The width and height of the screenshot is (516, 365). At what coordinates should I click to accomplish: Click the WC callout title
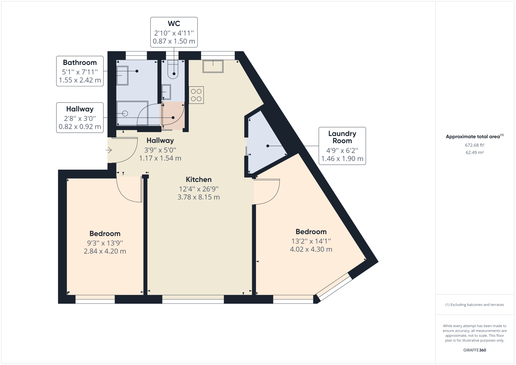tap(174, 23)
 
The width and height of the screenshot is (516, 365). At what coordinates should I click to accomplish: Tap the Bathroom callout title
tap(80, 63)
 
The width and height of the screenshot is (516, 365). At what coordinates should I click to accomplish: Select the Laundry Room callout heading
tap(342, 137)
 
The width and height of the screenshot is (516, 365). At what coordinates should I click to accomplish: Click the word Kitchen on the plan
tap(199, 179)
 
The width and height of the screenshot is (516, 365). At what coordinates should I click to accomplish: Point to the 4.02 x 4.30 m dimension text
tap(311, 249)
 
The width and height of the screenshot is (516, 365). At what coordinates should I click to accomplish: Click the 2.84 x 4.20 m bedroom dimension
tap(105, 251)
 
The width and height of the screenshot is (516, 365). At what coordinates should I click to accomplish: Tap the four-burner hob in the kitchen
tap(196, 95)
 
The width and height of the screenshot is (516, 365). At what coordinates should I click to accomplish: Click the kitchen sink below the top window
tap(213, 66)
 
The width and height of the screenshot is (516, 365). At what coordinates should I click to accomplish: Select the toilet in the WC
tap(173, 69)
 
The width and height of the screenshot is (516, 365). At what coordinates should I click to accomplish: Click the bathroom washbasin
tap(122, 75)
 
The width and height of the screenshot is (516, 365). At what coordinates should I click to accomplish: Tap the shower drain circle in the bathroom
tap(125, 113)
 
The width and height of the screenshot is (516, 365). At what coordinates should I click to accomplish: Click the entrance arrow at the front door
tap(109, 150)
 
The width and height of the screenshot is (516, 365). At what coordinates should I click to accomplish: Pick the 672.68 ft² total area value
tap(475, 145)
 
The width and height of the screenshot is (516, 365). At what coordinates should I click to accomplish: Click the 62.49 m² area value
tap(475, 153)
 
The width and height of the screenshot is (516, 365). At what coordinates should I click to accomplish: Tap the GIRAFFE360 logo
tap(475, 350)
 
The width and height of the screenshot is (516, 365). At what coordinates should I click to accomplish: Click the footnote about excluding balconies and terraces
tap(475, 305)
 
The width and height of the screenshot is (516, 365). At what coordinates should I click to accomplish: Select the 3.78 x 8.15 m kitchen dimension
tap(199, 197)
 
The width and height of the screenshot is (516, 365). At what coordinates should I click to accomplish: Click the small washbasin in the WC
tap(166, 92)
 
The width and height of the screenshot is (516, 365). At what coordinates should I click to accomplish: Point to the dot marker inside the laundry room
tap(268, 146)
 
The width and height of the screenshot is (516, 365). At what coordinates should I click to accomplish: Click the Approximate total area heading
tap(475, 136)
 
